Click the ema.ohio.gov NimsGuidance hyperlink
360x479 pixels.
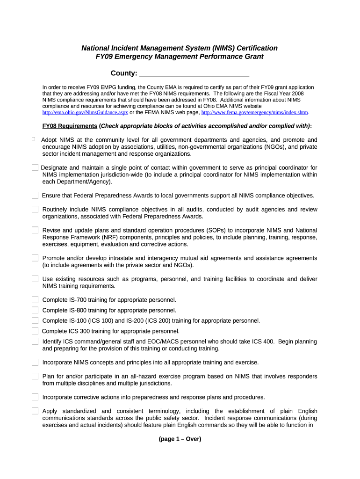pos(85,113)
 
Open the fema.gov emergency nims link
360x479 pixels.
pos(255,113)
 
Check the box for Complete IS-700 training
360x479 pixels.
pos(35,300)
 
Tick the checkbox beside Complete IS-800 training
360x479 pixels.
pos(35,310)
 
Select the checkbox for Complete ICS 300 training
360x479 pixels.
pos(35,331)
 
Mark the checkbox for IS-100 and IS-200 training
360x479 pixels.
pos(35,320)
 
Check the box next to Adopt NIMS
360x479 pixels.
pos(34,138)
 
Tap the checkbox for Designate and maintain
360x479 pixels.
pos(35,167)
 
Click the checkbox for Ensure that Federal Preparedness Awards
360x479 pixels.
pos(35,195)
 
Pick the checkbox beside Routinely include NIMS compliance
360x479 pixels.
pos(35,209)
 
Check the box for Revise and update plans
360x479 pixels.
pos(35,230)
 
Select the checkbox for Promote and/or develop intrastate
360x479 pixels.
pos(35,258)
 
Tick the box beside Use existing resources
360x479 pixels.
pos(35,279)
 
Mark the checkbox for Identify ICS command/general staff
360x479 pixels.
pos(35,341)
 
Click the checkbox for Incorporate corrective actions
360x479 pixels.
pos(35,397)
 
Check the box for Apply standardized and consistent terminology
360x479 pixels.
pos(35,411)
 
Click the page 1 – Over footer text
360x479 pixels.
pos(180,439)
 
